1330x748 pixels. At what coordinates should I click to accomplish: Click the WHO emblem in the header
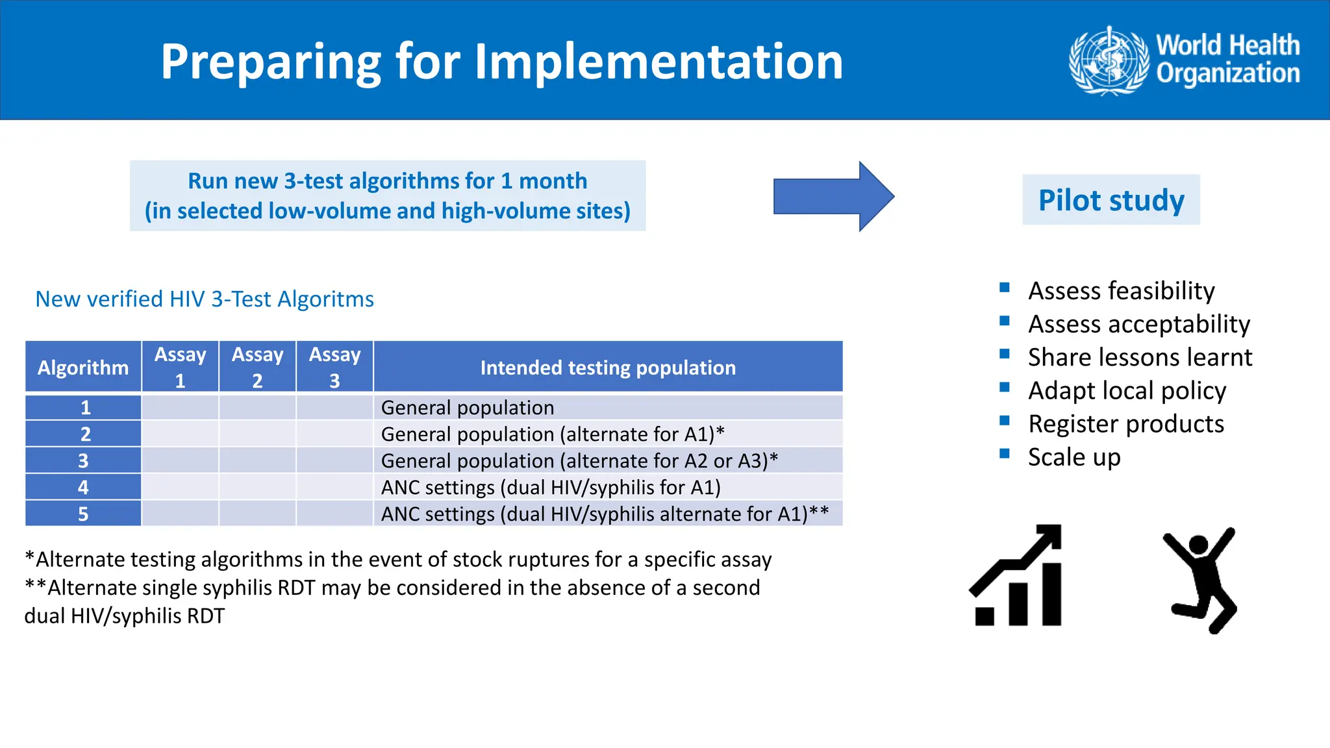pos(1109,61)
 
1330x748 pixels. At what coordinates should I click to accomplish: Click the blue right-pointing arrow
pos(833,196)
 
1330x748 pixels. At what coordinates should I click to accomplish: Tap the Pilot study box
pos(1110,200)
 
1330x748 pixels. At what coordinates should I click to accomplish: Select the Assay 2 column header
pos(257,367)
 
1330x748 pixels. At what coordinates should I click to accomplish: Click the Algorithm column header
pos(83,368)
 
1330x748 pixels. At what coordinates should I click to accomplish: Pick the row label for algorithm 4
pos(83,487)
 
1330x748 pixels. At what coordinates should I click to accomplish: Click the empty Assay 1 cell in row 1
pos(180,408)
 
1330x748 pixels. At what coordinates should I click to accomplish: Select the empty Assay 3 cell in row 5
pos(334,514)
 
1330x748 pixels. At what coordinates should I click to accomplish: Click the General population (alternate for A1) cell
pos(552,434)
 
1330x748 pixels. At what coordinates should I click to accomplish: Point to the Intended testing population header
pos(608,368)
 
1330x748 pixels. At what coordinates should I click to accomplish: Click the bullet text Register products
pos(1125,424)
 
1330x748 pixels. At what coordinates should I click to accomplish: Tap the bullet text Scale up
pos(1073,457)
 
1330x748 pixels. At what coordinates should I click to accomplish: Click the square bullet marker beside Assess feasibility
pos(1005,288)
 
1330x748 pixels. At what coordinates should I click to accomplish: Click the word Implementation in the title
pos(659,62)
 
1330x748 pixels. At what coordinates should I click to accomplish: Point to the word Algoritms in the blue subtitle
pos(325,299)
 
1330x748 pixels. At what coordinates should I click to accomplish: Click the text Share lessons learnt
pos(1140,358)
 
